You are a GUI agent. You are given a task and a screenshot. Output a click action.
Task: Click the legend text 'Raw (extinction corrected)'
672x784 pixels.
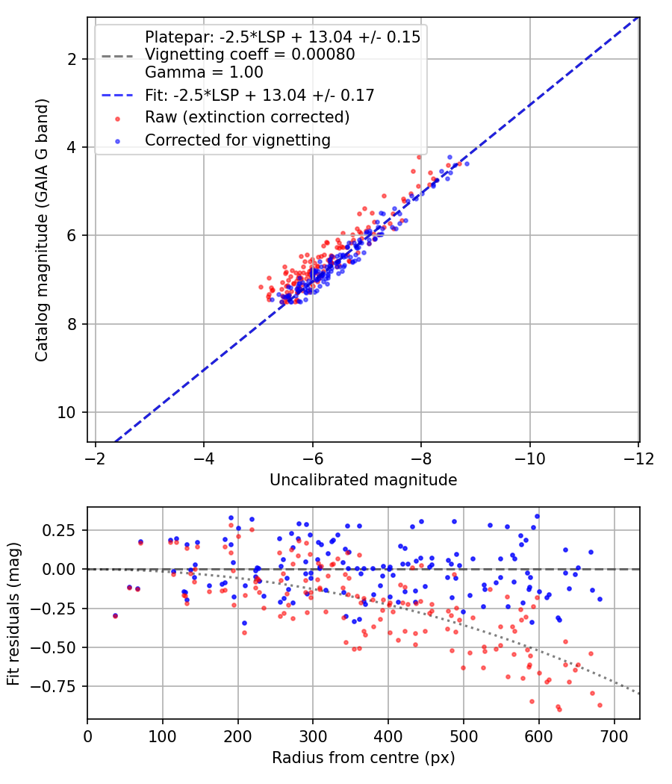click(x=247, y=117)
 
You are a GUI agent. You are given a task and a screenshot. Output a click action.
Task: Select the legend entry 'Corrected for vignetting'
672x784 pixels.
click(x=237, y=140)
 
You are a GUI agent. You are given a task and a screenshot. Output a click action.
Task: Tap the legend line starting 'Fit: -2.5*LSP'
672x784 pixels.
click(x=260, y=95)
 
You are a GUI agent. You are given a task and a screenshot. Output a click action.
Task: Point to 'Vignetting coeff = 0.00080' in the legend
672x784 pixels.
click(x=250, y=55)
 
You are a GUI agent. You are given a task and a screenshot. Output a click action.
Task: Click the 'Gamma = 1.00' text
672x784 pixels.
click(x=204, y=72)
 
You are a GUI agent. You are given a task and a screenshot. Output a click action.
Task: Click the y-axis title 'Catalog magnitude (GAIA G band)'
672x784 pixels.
click(x=42, y=230)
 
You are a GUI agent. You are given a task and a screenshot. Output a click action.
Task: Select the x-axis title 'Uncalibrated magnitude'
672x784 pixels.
click(x=364, y=480)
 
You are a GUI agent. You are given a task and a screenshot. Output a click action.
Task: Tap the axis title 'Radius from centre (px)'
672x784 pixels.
click(x=364, y=758)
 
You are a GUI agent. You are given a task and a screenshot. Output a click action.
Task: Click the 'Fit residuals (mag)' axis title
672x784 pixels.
click(x=13, y=614)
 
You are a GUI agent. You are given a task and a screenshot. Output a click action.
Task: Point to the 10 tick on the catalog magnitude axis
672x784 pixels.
click(x=66, y=412)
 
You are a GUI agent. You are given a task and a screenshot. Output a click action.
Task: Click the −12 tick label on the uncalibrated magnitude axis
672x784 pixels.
click(x=639, y=458)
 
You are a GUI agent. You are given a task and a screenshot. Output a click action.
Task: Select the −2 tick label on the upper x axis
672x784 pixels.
click(x=95, y=458)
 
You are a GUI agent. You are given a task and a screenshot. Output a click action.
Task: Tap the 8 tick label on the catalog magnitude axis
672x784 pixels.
click(x=71, y=324)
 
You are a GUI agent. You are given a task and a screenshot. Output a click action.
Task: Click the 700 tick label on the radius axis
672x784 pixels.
click(x=614, y=736)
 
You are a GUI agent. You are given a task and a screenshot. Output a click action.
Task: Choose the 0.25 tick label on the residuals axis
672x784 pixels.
click(x=59, y=530)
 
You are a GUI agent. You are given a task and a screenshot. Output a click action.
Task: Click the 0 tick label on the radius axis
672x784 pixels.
click(x=87, y=736)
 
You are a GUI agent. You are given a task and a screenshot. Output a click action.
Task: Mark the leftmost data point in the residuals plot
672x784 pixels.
click(x=115, y=615)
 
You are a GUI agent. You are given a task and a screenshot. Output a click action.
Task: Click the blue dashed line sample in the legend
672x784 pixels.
click(x=117, y=96)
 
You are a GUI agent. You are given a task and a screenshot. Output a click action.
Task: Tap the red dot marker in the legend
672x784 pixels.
click(x=117, y=119)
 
